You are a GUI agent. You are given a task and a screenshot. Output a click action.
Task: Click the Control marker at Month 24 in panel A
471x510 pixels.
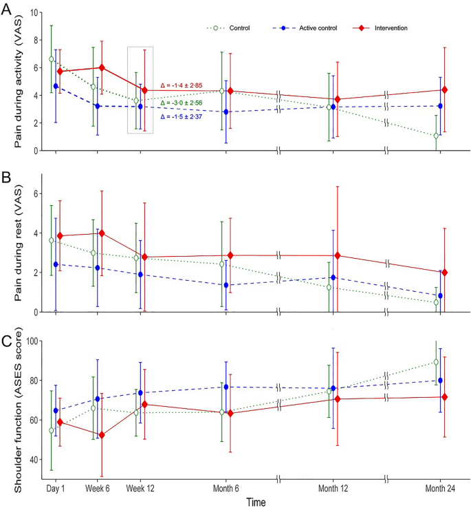pos(436,136)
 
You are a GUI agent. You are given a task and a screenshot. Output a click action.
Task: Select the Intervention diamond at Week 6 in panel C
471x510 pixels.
pos(102,435)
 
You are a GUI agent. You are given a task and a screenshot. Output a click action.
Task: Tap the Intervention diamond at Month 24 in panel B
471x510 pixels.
pos(444,272)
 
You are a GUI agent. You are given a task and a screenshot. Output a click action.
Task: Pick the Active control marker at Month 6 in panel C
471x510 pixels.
pos(226,387)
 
